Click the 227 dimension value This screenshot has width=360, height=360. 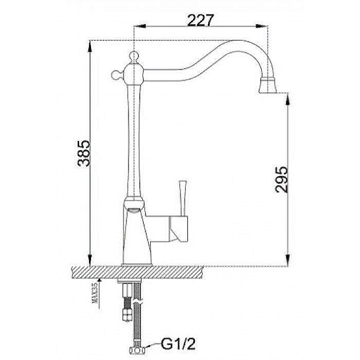(x=201, y=21)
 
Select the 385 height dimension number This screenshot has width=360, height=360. (x=83, y=153)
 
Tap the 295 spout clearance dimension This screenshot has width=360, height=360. (x=281, y=179)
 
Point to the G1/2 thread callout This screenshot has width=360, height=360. (x=178, y=344)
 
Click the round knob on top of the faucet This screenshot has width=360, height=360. (x=134, y=57)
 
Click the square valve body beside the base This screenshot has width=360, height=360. (x=178, y=229)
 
